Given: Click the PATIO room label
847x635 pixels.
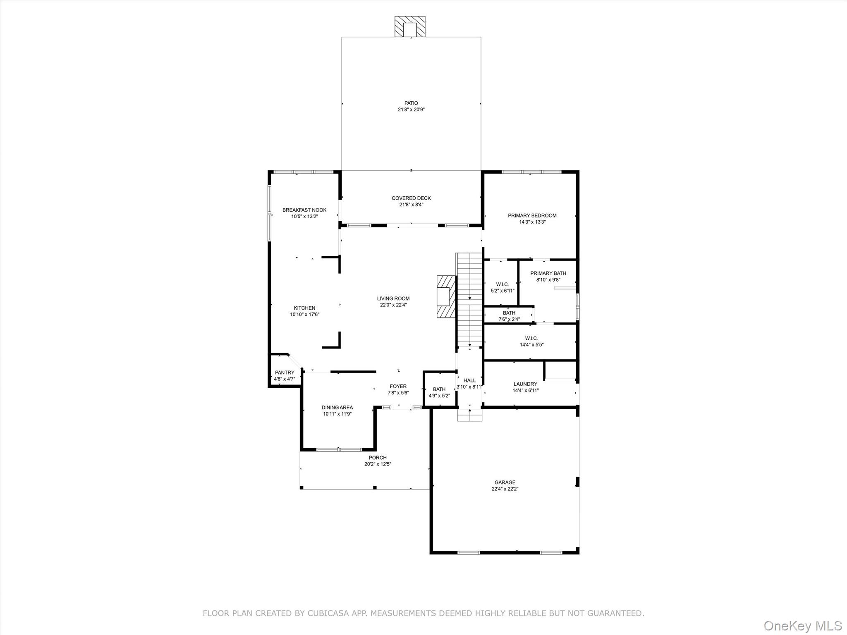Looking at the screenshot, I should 411,103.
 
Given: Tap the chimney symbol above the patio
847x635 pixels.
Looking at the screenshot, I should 409,27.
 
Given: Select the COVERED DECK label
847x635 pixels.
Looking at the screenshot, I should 411,198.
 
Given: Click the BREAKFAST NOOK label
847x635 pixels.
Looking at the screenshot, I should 304,210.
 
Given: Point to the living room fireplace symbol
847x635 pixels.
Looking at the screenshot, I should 446,296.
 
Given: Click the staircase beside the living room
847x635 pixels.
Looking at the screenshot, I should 469,300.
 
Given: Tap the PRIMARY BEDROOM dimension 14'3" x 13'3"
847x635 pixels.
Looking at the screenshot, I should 532,222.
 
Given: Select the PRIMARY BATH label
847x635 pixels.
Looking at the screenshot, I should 548,273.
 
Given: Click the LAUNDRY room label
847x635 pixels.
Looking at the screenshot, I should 525,384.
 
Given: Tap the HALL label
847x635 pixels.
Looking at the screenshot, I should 469,380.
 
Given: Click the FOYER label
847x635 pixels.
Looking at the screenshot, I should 398,387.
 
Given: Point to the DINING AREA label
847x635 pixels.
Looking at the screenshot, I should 337,408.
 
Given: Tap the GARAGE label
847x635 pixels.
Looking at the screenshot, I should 505,482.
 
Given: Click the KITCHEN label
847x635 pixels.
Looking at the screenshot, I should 304,308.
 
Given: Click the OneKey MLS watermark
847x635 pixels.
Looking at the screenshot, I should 802,625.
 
